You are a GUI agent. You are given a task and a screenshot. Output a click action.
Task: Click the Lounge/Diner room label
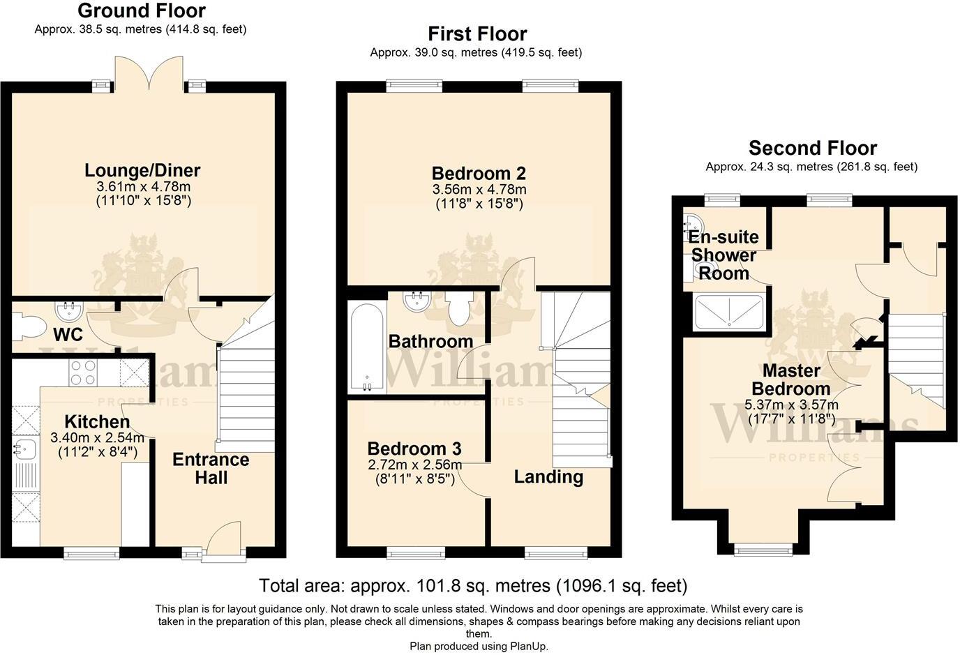[x=142, y=170]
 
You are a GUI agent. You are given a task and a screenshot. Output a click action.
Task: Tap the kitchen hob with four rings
[x=83, y=372]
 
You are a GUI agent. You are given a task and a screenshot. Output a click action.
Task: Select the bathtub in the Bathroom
[x=366, y=347]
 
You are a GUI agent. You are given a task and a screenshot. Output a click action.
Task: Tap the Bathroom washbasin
[x=417, y=302]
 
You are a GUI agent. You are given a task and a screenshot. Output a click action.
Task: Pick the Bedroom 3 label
[x=414, y=449]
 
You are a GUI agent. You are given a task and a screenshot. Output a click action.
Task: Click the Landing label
[x=548, y=477]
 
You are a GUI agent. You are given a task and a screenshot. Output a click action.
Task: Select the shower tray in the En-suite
[x=728, y=311]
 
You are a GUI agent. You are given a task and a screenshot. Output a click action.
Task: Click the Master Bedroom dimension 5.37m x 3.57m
[x=791, y=405]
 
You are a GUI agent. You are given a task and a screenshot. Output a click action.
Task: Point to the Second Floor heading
[x=812, y=148]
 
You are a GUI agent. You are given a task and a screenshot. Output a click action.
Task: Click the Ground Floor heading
[x=141, y=11]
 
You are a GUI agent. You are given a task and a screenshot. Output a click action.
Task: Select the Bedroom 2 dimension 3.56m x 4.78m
[x=479, y=190]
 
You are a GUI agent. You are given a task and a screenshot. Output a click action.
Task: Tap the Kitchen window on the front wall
[x=91, y=554]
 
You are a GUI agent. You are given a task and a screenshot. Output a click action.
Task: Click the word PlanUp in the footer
[x=529, y=647]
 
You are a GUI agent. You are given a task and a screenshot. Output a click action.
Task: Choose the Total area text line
[x=472, y=585]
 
